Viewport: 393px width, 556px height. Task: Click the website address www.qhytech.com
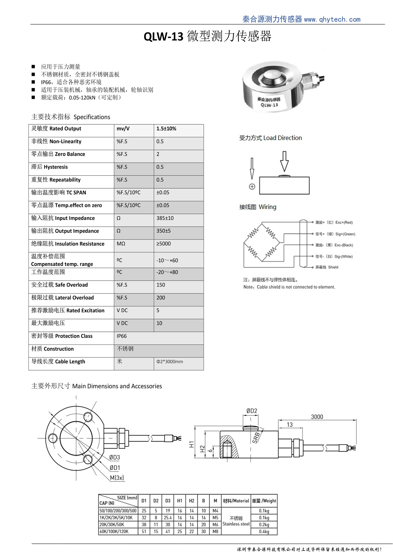(332, 19)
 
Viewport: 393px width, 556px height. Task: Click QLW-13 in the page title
(163, 37)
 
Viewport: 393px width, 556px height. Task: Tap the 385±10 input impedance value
(165, 218)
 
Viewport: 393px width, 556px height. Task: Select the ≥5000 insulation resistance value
(164, 244)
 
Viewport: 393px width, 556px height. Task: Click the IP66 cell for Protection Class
(122, 336)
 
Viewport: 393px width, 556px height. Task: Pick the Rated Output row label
(56, 129)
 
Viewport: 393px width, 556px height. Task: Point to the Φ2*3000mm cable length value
(170, 362)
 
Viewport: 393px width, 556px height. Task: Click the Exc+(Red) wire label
(344, 222)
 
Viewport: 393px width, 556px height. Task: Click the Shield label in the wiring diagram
(333, 267)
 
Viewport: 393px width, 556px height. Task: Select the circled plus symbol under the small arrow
(252, 186)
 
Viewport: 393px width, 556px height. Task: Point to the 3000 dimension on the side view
(317, 417)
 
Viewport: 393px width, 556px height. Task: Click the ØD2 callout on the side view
(251, 411)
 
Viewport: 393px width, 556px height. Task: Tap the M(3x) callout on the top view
(117, 478)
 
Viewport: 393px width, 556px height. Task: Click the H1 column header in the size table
(180, 501)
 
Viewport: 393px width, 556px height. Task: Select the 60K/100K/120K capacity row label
(114, 532)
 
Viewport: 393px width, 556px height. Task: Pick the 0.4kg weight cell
(264, 532)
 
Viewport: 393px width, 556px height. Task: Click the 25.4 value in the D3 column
(168, 518)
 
